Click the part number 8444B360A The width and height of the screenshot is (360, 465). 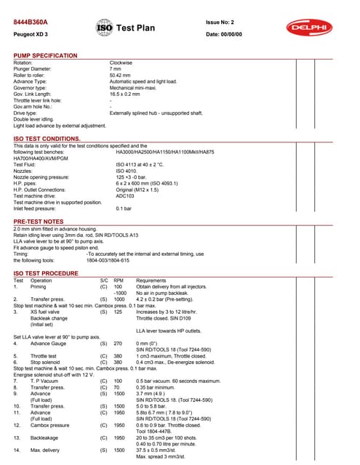click(31, 23)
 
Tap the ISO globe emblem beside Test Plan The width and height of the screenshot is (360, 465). click(104, 28)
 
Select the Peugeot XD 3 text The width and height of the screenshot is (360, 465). click(31, 34)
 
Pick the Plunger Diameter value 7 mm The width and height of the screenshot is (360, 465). click(116, 70)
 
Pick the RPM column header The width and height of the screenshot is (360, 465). click(119, 280)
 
